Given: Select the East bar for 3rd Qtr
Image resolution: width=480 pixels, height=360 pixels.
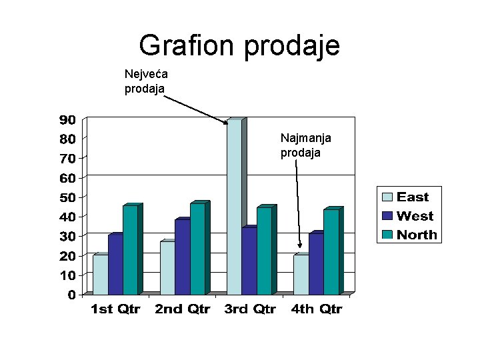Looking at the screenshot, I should point(234,207).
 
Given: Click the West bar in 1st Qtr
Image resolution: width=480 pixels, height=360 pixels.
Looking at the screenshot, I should point(115,264).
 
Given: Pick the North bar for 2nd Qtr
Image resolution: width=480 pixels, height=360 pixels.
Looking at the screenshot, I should point(197,249).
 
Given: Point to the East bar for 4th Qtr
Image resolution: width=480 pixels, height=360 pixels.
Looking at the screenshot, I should point(301,274).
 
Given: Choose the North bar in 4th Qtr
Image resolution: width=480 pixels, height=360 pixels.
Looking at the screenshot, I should point(331,252).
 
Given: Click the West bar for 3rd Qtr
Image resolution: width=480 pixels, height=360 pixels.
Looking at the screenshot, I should point(249,261).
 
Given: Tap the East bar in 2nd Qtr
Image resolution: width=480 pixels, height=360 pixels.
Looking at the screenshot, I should point(167,267).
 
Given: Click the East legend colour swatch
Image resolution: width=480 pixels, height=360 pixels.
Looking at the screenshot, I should point(387,197).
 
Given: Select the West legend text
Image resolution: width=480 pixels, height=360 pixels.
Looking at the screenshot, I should point(415,216).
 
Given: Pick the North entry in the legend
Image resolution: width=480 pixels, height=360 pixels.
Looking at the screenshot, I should point(417,235).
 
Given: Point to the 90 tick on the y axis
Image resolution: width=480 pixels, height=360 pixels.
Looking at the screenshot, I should point(67,120).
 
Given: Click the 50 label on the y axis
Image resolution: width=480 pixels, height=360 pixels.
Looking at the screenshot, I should point(67,197).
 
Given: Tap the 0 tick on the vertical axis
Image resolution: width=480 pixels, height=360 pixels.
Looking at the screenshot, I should point(71,295).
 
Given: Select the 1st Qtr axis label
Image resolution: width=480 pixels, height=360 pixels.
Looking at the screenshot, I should point(115,309).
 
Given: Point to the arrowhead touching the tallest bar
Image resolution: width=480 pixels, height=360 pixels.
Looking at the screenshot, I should point(225,122).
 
